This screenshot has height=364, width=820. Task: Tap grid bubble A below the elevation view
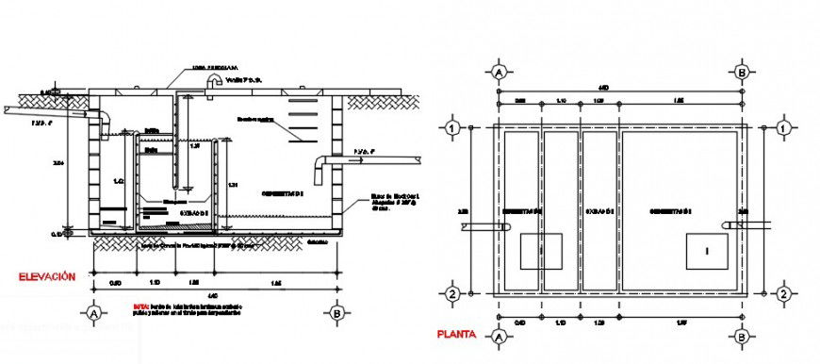[x=93, y=311]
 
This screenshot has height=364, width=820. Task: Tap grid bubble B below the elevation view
[x=336, y=311]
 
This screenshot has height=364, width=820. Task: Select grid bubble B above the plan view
[x=743, y=72]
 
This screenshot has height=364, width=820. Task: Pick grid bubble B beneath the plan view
[x=743, y=335]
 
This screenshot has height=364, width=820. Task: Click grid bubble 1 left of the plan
[x=452, y=127]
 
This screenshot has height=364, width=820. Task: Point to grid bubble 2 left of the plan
[x=452, y=294]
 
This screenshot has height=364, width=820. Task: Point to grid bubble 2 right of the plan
[x=783, y=294]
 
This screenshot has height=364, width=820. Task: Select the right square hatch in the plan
[x=707, y=250]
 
